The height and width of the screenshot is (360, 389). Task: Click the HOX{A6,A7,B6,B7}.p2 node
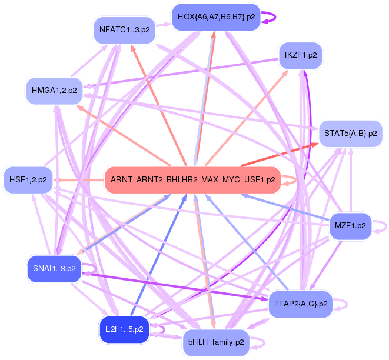point(216,17)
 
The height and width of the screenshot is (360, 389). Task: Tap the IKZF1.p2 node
point(301,56)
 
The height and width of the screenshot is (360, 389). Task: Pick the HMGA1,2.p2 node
point(53,91)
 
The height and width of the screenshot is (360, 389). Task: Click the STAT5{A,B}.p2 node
point(351,134)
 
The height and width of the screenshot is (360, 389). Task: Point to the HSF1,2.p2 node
point(28,179)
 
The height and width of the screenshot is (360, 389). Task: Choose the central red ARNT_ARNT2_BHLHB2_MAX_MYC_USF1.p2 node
point(193,180)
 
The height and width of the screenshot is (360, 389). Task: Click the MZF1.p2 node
point(350,225)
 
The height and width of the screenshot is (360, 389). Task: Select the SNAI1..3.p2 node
point(54,268)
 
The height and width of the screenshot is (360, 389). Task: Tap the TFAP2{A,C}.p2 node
point(301,304)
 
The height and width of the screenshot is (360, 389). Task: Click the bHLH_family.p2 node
point(216,342)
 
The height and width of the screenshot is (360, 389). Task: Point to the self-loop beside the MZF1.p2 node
point(383,225)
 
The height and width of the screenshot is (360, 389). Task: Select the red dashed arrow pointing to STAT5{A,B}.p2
point(277,155)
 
